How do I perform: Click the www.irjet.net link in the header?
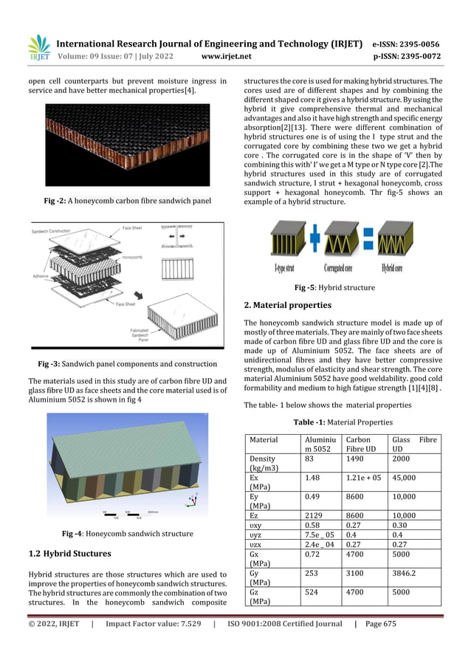(x=226, y=55)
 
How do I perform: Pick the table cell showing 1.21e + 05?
(x=364, y=478)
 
